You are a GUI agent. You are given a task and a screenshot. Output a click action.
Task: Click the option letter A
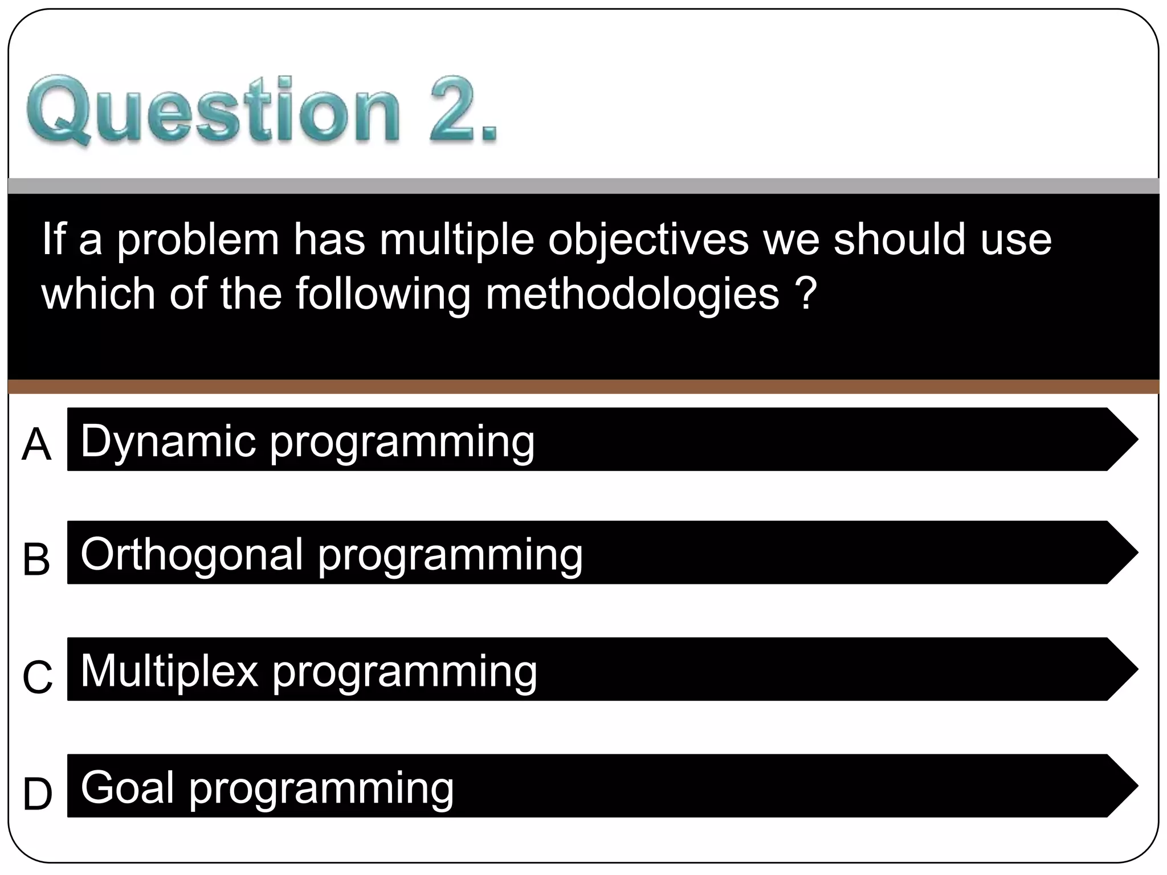(x=36, y=445)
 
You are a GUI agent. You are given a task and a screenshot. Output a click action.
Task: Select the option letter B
(x=36, y=559)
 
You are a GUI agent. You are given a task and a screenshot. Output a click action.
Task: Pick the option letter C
(x=38, y=677)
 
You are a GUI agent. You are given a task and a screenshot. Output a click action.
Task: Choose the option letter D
(x=38, y=794)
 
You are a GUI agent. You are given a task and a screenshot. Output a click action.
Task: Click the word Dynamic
(x=168, y=441)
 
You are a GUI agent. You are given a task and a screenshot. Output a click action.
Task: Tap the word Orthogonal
(x=192, y=555)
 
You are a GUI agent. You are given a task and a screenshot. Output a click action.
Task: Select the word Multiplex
(x=169, y=671)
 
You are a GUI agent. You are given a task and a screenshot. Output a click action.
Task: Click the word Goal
(x=127, y=787)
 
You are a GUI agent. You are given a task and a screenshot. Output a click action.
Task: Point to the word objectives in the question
(x=648, y=240)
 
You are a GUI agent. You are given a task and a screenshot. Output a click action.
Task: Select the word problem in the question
(x=198, y=240)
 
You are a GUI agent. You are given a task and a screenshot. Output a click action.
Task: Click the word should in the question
(x=899, y=239)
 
